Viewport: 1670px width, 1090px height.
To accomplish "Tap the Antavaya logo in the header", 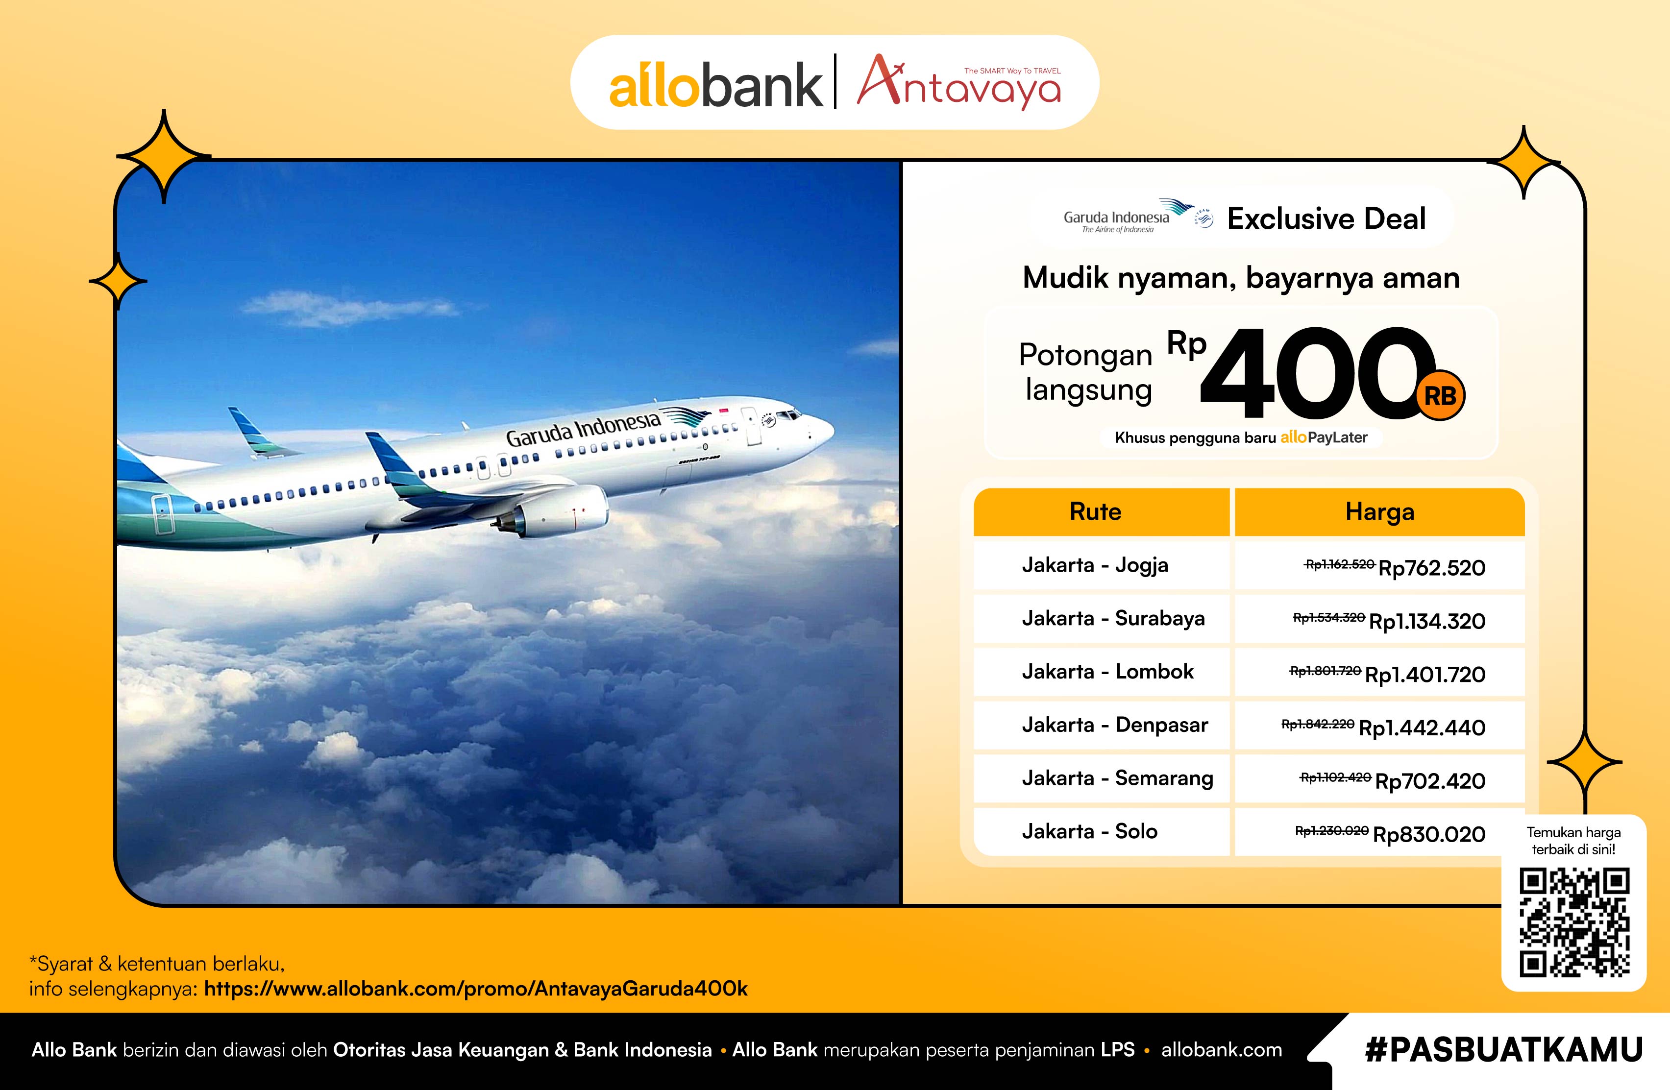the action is [x=958, y=83].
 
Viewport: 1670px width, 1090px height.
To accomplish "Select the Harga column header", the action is [x=1379, y=512].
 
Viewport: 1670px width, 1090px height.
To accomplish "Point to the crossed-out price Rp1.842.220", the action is [x=1318, y=724].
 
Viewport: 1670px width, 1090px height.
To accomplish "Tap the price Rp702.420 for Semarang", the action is [x=1430, y=781].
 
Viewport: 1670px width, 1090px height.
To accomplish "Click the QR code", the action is [x=1574, y=923].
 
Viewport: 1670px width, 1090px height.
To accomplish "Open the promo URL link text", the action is [x=476, y=989].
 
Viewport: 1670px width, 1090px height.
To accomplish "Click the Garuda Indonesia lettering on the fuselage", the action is [x=583, y=429].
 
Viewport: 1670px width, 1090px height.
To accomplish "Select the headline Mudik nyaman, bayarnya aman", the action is [x=1241, y=278].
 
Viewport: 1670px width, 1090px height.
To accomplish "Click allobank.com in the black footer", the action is [x=1222, y=1050].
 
